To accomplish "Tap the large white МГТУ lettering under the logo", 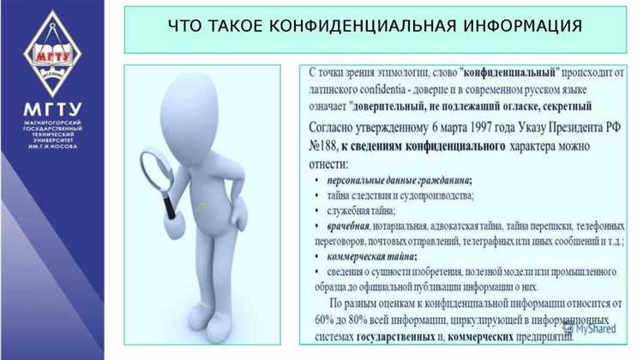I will pyautogui.click(x=52, y=109).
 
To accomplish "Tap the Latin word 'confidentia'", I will pyautogui.click(x=397, y=90).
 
